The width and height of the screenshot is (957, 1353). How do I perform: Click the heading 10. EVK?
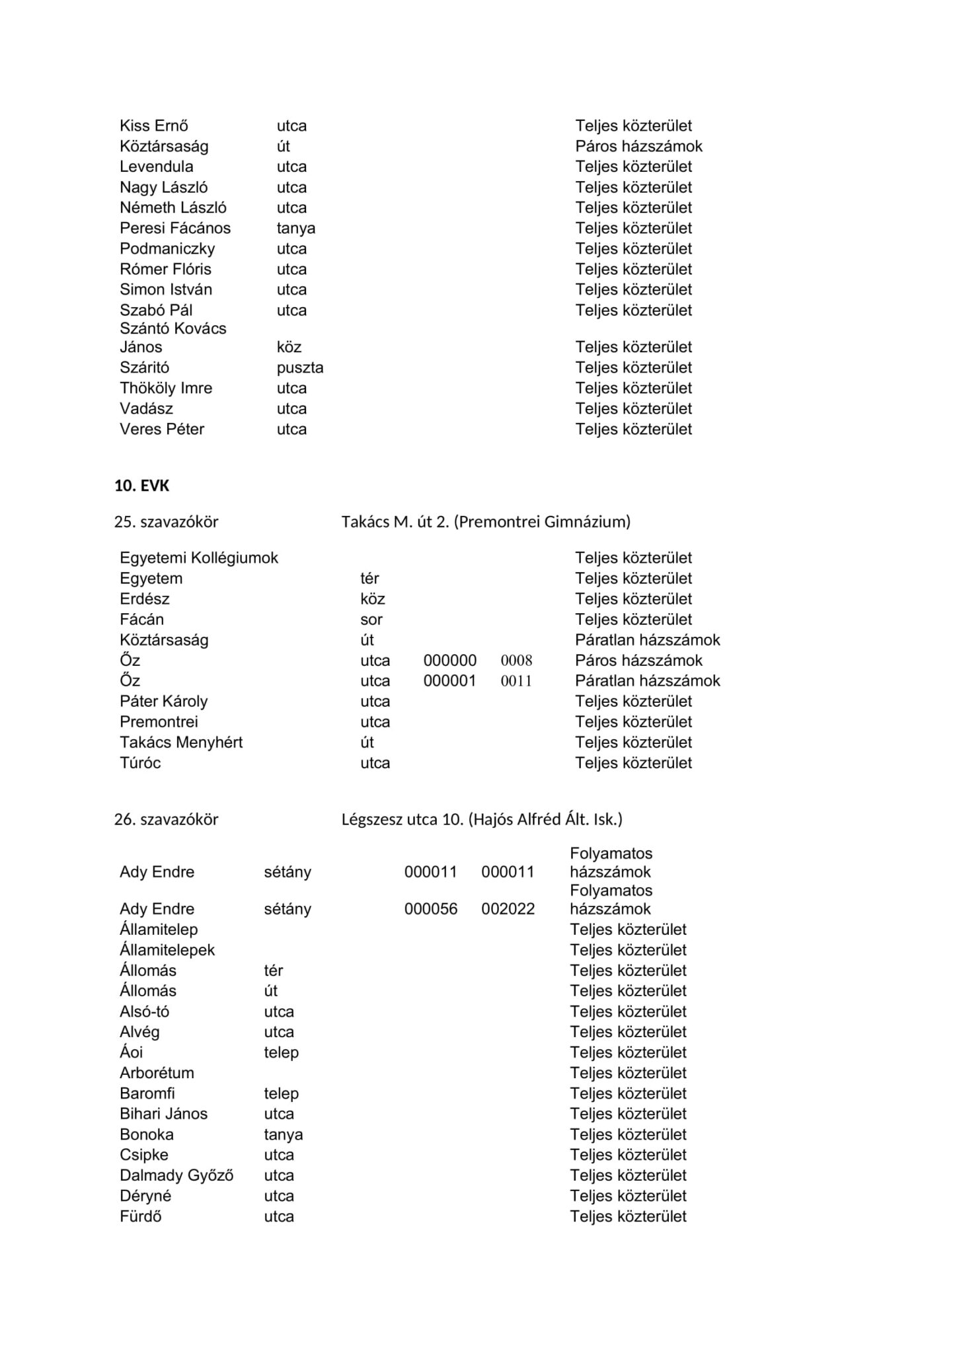point(141,486)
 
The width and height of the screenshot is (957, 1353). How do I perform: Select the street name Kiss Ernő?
point(154,126)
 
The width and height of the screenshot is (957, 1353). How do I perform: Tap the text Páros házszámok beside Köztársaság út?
point(638,147)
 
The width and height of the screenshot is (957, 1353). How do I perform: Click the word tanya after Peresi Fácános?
point(295,229)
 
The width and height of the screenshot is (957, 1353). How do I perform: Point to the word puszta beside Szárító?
point(299,368)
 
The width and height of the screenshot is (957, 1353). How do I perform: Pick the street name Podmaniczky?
point(167,249)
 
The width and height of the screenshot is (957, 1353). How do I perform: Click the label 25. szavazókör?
point(166,522)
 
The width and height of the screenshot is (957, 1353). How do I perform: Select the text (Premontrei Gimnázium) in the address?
point(542,522)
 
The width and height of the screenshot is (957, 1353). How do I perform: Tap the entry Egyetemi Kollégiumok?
point(199,558)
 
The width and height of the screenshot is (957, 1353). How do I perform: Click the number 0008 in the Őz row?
point(516,661)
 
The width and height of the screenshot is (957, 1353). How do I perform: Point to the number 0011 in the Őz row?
point(516,681)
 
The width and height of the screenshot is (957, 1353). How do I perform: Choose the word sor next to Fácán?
point(371,620)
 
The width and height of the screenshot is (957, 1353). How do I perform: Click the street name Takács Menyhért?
point(181,743)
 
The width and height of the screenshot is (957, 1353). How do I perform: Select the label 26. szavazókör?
point(166,820)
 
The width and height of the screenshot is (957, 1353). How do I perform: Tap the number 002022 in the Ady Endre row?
point(508,909)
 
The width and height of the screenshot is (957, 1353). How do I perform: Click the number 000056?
point(431,909)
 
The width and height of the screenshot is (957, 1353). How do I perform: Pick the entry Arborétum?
point(157,1073)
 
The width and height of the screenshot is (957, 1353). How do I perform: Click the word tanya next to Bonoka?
point(283,1134)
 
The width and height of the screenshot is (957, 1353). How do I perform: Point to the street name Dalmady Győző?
point(176,1175)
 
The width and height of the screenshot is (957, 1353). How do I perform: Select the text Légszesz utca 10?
point(402,820)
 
